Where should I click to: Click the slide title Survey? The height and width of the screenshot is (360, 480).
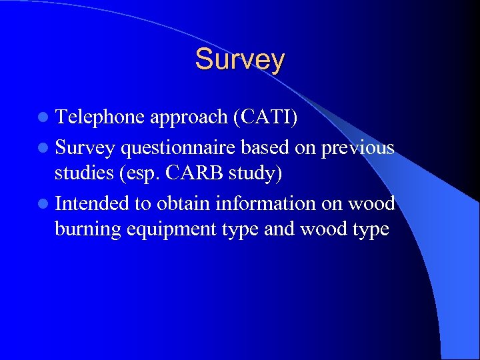239,59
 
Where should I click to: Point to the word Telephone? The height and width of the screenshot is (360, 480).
100,117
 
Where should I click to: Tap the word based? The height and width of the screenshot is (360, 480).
268,146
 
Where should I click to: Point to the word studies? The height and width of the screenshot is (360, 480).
83,173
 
